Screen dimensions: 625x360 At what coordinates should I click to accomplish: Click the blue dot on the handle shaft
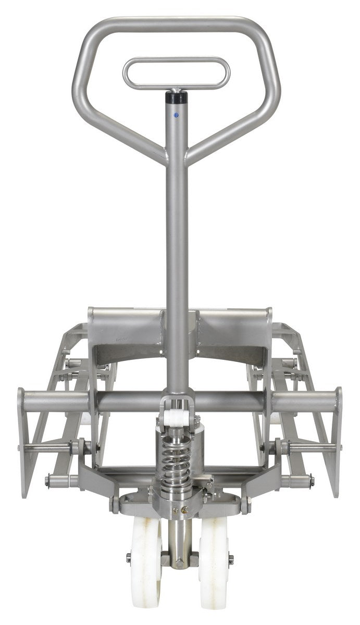(x=176, y=115)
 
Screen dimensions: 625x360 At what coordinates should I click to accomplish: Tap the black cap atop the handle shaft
(x=176, y=97)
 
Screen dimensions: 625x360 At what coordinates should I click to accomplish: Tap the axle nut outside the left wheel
(x=129, y=558)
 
